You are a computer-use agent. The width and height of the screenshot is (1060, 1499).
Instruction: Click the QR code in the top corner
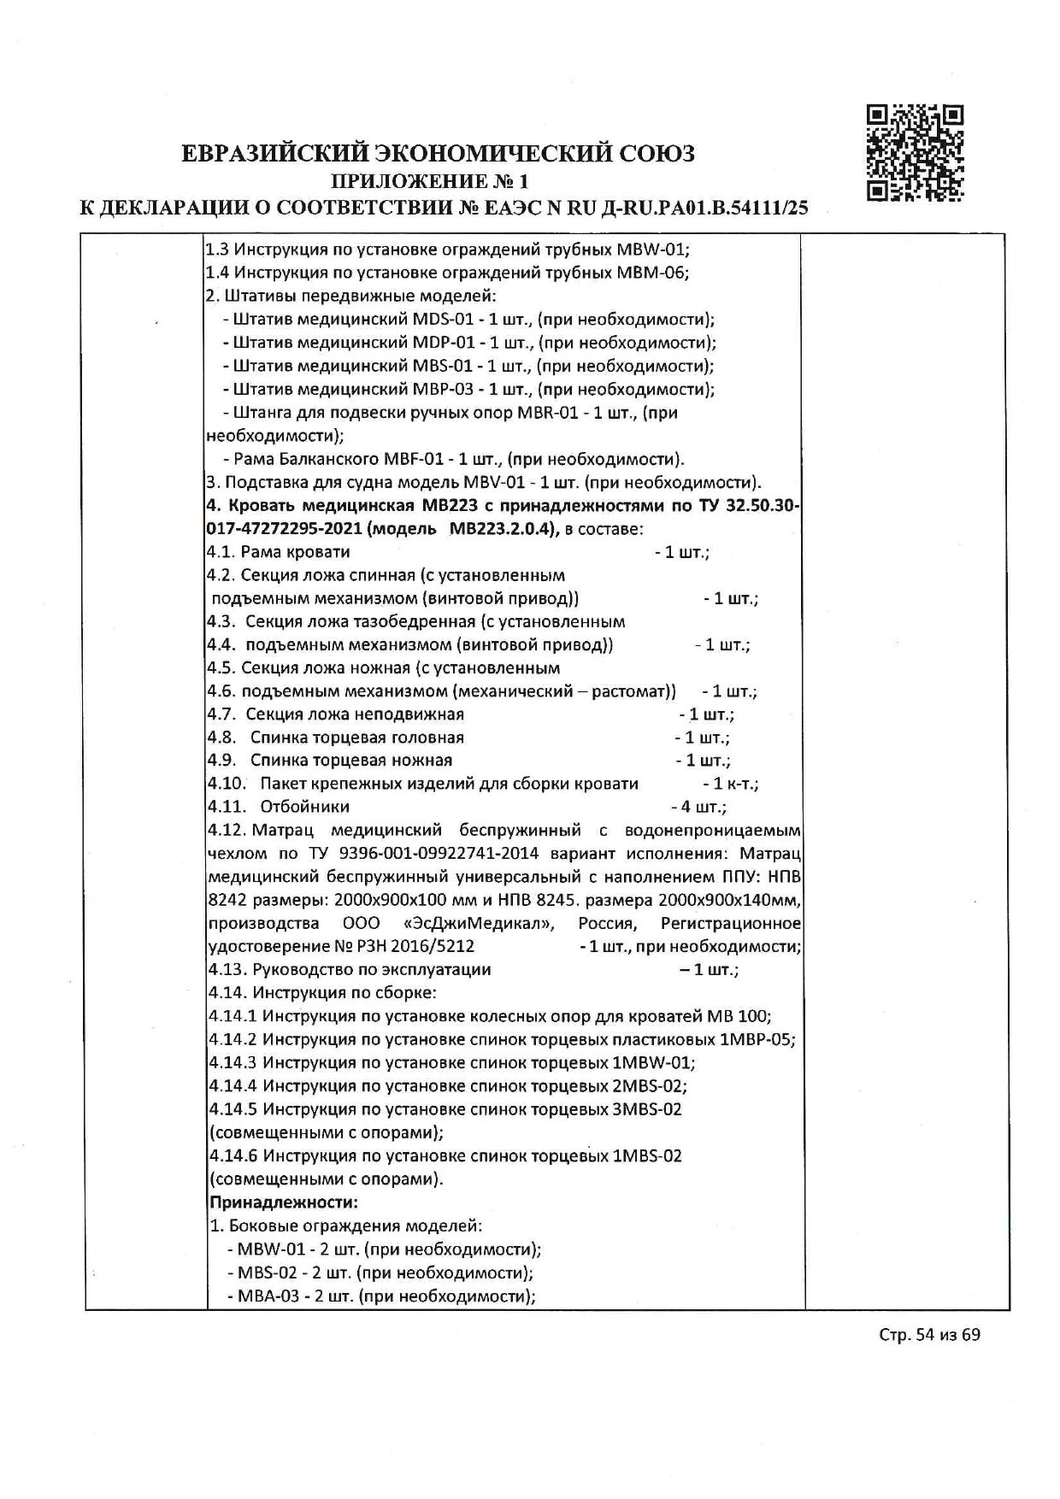[915, 153]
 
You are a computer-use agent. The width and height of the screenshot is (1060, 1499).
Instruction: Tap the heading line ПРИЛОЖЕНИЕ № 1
[430, 181]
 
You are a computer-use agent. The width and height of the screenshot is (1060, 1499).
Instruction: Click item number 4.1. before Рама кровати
[221, 552]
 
